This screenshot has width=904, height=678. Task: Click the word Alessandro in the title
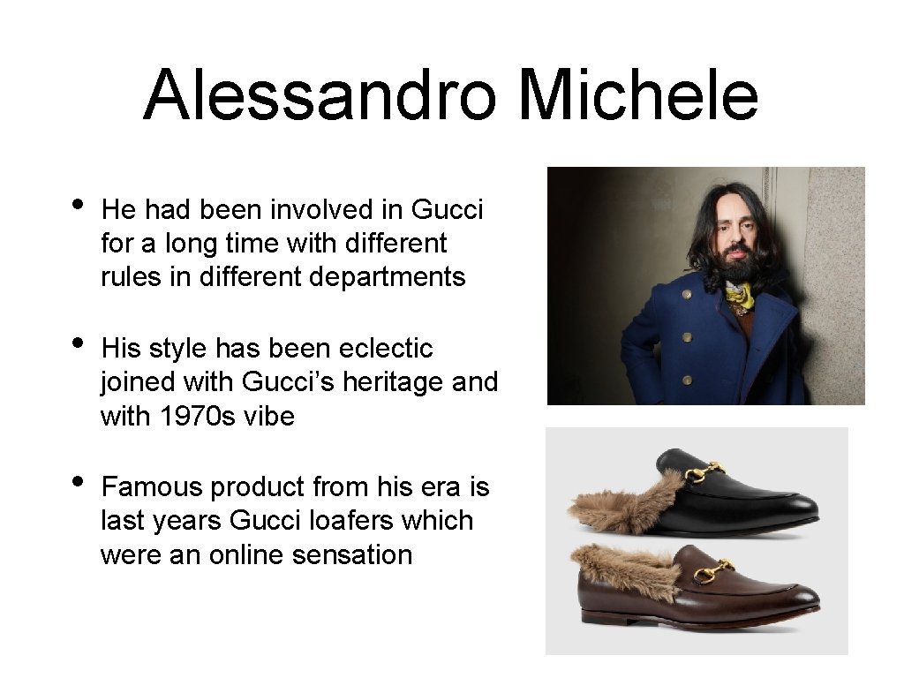tap(320, 95)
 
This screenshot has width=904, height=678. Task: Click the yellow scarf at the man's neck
tap(739, 297)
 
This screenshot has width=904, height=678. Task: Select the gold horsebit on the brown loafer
tap(711, 572)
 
